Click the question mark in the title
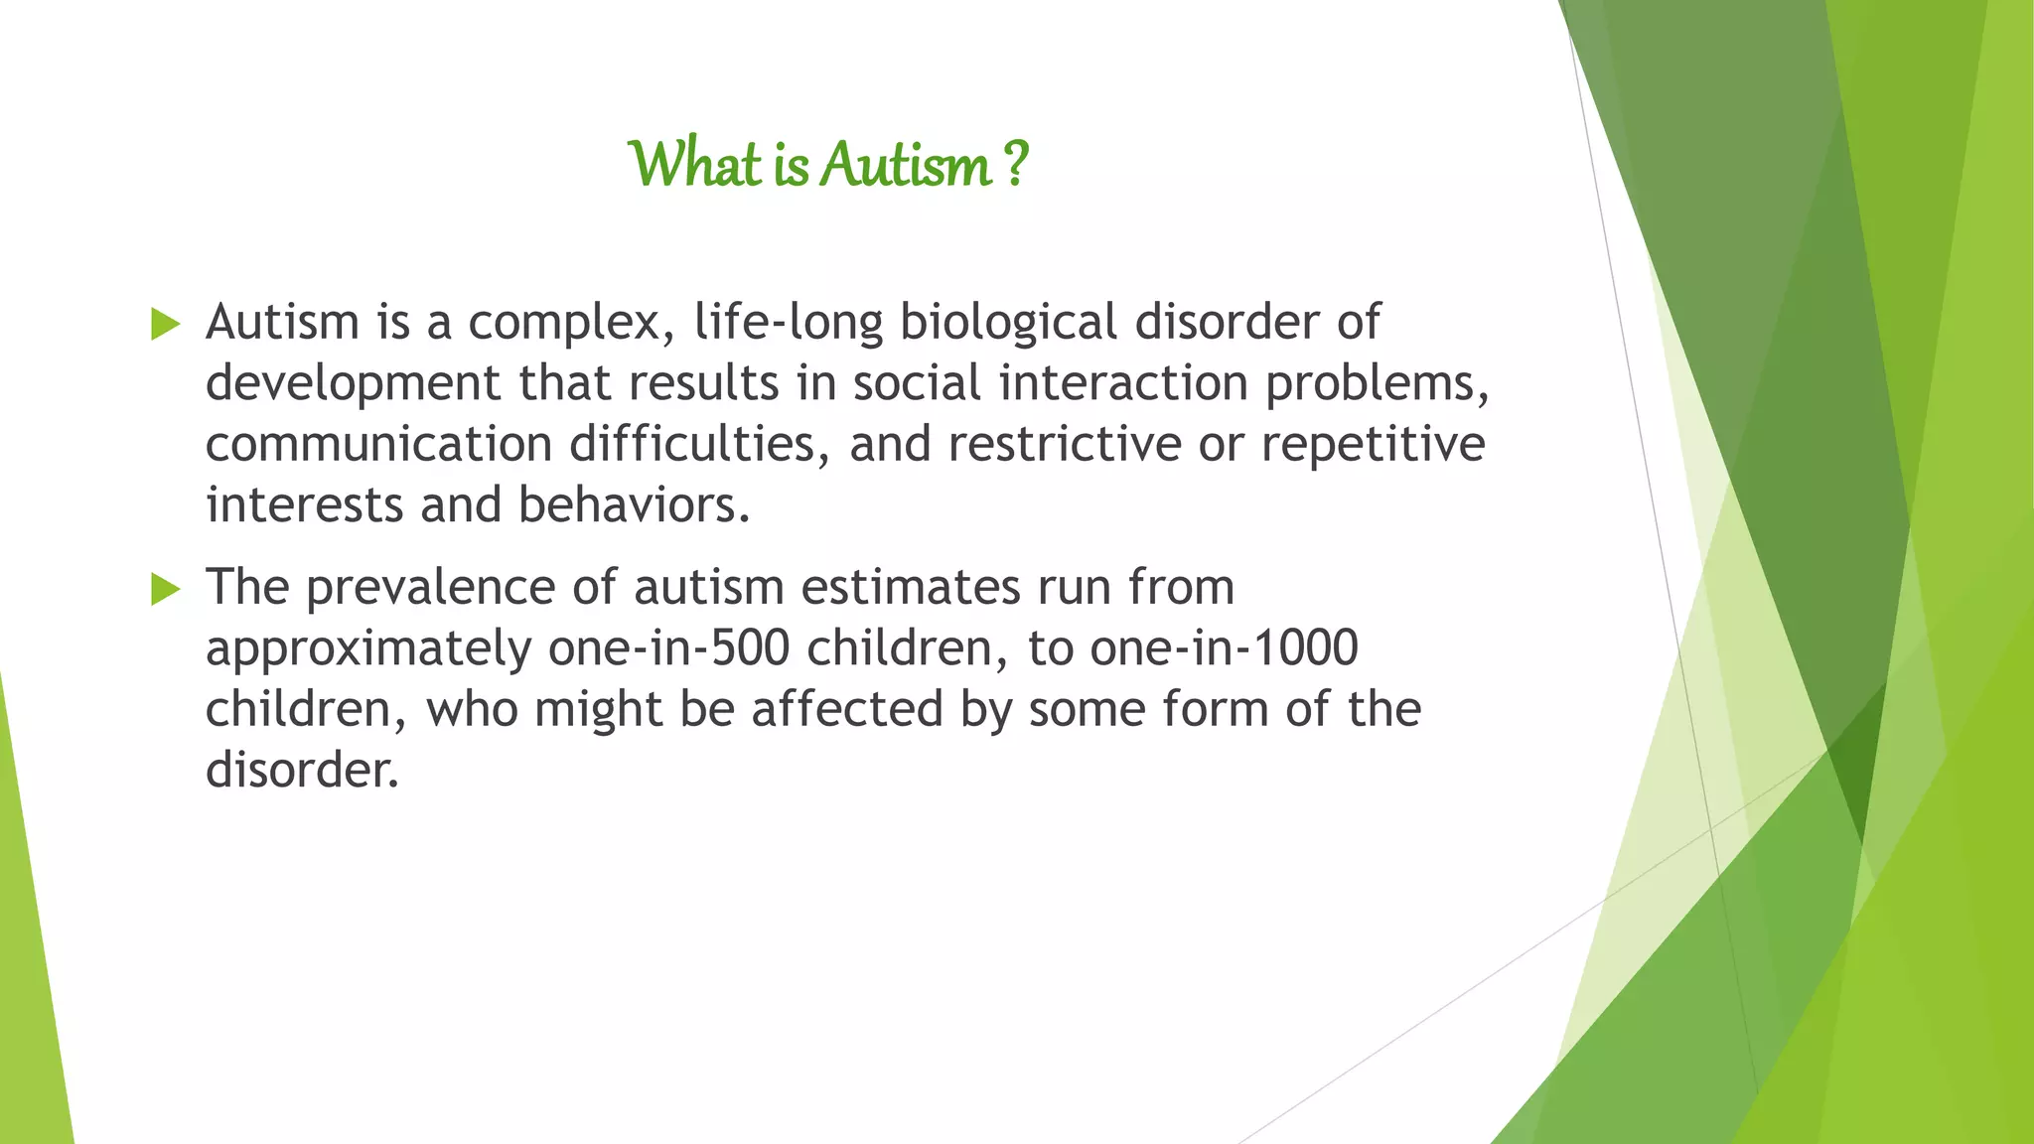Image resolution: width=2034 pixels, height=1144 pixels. coord(1015,165)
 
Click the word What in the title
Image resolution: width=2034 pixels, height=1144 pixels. coord(695,165)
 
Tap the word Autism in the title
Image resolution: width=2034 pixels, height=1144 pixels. coord(906,165)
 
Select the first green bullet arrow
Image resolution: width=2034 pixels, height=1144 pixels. coord(165,325)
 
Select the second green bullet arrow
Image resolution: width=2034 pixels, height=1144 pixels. coord(165,589)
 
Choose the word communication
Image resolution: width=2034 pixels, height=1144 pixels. coord(378,445)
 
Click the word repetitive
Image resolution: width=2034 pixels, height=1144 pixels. coord(1373,445)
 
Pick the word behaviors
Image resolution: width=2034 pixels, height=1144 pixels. coord(633,506)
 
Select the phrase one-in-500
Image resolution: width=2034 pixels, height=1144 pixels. coord(668,649)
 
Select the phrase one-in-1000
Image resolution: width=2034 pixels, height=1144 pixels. coord(1224,649)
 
